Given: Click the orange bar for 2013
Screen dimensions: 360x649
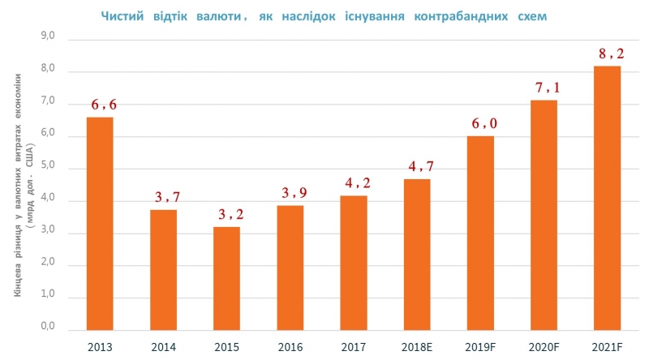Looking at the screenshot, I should (x=100, y=223).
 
